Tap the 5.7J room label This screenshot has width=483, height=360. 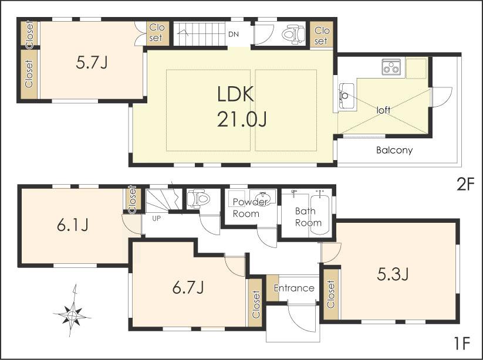pyautogui.click(x=92, y=62)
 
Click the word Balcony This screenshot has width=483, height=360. pyautogui.click(x=394, y=150)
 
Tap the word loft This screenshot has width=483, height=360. pyautogui.click(x=383, y=110)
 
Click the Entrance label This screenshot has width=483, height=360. pyautogui.click(x=294, y=288)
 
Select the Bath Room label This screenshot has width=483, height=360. pyautogui.click(x=308, y=217)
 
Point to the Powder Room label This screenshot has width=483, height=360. pyautogui.click(x=250, y=208)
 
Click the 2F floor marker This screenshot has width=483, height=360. pyautogui.click(x=465, y=185)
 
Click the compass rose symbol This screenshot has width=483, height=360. pyautogui.click(x=72, y=315)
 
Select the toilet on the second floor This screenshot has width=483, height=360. pyautogui.click(x=292, y=35)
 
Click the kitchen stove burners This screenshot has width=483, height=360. pyautogui.click(x=391, y=67)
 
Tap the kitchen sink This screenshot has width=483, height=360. pyautogui.click(x=346, y=94)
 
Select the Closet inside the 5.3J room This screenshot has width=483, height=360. pyautogui.click(x=331, y=294)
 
